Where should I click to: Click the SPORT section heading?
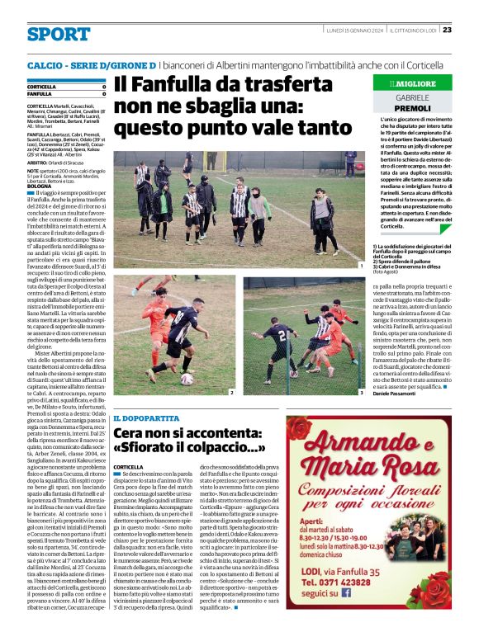[x=58, y=34]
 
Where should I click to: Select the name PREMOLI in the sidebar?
[x=412, y=109]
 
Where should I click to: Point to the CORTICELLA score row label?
[x=42, y=87]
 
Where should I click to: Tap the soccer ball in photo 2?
[x=187, y=379]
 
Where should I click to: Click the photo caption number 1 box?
[x=361, y=266]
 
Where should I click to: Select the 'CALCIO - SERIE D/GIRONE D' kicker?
[x=92, y=64]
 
